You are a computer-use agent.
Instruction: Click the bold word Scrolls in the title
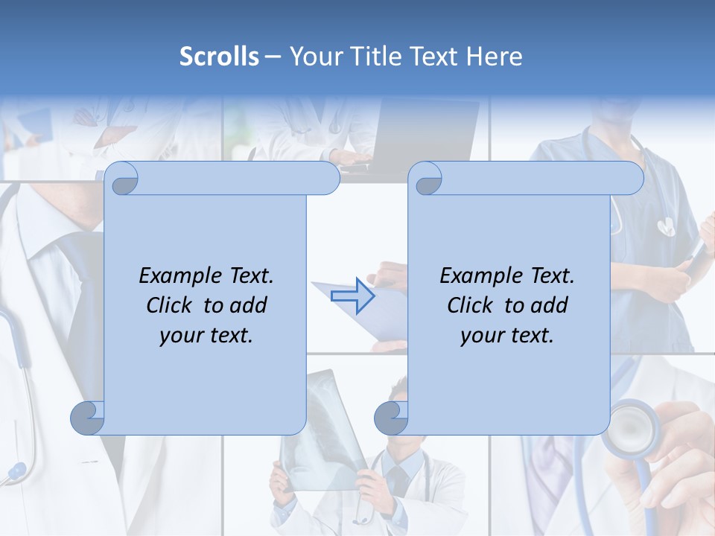(220, 57)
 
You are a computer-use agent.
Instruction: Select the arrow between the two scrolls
(353, 296)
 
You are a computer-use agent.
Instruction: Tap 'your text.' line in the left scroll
(206, 335)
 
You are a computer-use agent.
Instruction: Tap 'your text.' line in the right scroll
(507, 335)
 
